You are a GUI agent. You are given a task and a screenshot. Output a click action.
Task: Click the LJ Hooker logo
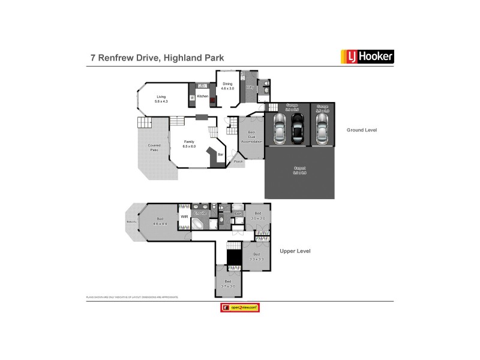(367, 57)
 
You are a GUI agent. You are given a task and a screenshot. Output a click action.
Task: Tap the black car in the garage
(298, 128)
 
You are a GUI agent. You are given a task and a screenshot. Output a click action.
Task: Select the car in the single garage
(322, 127)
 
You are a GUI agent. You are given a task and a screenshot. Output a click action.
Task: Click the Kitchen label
(203, 96)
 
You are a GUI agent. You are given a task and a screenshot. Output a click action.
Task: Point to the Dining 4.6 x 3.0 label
(227, 86)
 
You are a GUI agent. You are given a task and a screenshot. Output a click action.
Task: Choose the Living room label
(161, 98)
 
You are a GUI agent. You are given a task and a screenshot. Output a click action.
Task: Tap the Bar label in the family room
(220, 155)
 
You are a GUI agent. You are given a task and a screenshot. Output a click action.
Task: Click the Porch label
(238, 162)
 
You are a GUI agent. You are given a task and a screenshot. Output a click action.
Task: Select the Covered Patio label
(155, 147)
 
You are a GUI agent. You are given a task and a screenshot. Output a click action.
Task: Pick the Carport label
(299, 170)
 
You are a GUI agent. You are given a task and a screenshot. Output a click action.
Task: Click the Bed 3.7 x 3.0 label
(228, 283)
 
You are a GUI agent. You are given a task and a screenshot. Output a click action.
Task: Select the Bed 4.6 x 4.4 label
(160, 220)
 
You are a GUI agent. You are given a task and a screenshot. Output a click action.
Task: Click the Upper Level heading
(295, 251)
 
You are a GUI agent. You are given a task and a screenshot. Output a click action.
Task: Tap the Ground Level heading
(362, 130)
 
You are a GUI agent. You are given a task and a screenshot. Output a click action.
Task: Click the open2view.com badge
(240, 307)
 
